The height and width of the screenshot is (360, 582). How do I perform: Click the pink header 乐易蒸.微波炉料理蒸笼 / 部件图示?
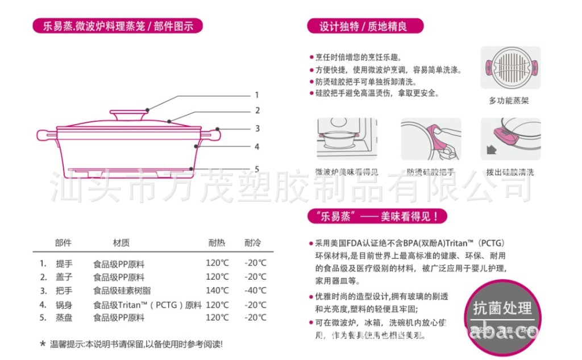coord(118,26)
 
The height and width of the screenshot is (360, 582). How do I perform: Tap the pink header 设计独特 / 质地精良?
coord(364,26)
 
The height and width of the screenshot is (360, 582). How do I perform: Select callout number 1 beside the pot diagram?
coord(256,95)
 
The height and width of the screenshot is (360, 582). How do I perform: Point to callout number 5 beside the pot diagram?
coord(257,169)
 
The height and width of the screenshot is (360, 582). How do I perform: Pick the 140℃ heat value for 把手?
coord(217,291)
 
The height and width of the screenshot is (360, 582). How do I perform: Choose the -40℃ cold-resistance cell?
coord(255,291)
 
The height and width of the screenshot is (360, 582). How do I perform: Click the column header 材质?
coord(121,243)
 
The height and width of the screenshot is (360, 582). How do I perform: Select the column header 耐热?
coord(217,243)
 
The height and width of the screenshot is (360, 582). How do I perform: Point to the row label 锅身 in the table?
coord(64,304)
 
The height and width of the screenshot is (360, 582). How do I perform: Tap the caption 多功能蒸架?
coord(509,101)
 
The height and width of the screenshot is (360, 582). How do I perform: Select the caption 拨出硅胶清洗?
coord(510,172)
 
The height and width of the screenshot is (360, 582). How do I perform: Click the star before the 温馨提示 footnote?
coord(43,344)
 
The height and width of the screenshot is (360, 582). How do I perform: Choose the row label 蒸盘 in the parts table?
coord(64,318)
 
